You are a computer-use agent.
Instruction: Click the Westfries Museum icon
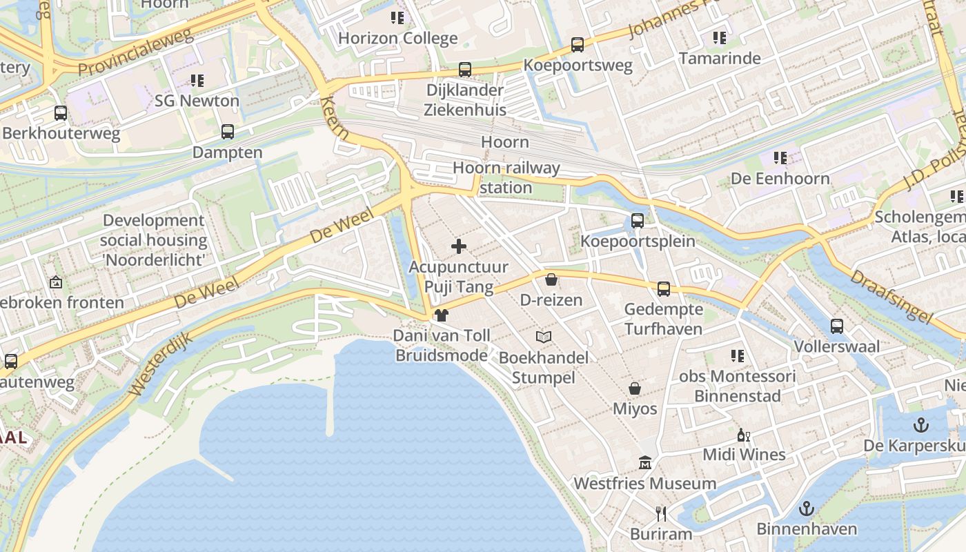point(645,462)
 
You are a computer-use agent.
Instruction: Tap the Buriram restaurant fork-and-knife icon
point(661,513)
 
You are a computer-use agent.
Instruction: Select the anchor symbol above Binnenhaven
point(806,509)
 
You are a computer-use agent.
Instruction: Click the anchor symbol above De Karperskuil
point(920,425)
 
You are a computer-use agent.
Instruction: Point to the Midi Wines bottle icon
point(743,435)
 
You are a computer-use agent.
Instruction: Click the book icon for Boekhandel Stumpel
point(544,337)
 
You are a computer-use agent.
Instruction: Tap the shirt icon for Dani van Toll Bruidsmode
point(441,315)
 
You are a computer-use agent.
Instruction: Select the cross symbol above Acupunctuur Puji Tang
point(458,246)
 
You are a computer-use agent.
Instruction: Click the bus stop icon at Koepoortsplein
point(638,221)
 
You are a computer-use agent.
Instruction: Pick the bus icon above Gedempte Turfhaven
point(663,288)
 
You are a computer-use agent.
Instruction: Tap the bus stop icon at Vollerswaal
point(836,326)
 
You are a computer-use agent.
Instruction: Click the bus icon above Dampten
point(227,132)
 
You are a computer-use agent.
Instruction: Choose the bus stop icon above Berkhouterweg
point(61,112)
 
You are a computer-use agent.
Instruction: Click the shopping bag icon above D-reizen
point(551,279)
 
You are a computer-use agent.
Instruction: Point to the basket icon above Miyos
point(635,388)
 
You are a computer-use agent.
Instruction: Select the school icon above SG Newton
point(197,81)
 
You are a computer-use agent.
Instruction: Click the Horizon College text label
point(397,38)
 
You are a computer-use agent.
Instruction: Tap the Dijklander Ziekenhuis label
point(465,100)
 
